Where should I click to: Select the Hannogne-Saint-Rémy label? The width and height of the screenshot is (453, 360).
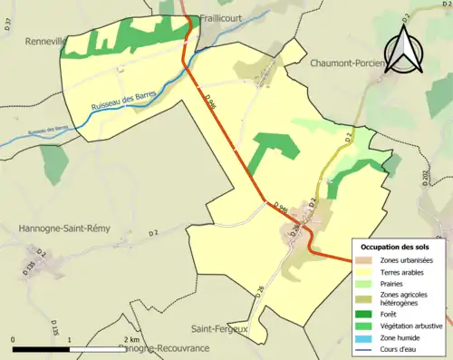[63, 229]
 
